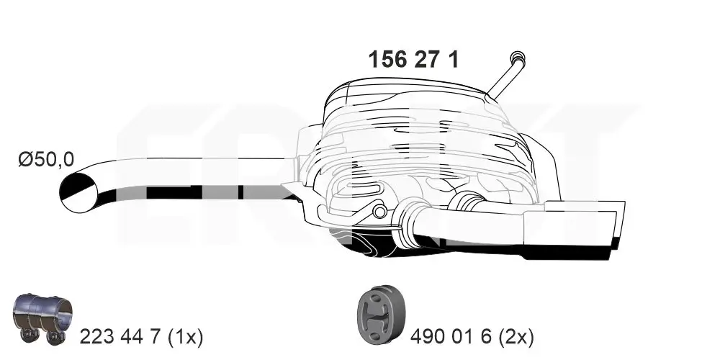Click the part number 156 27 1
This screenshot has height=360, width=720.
(x=413, y=59)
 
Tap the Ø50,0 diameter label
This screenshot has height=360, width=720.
(x=46, y=159)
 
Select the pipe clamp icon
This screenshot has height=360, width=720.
(x=44, y=318)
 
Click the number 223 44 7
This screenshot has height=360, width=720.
(x=121, y=336)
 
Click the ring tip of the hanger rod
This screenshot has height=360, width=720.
(x=516, y=58)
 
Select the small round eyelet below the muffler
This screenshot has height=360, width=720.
(x=379, y=211)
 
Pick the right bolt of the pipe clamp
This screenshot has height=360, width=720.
(x=53, y=335)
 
